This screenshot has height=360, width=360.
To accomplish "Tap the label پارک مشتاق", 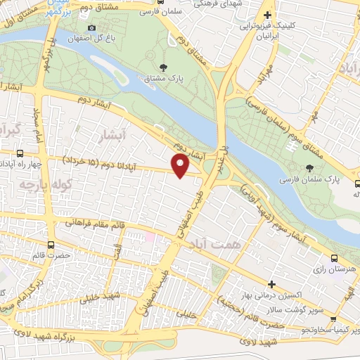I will click(x=163, y=79).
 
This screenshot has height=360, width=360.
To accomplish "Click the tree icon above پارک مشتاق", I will click(x=163, y=68).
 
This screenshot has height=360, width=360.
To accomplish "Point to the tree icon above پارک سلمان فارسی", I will click(x=310, y=168).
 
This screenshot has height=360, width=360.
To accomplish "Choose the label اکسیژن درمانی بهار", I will click(x=271, y=295).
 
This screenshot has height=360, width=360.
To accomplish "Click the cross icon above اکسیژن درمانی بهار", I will click(x=271, y=283).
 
